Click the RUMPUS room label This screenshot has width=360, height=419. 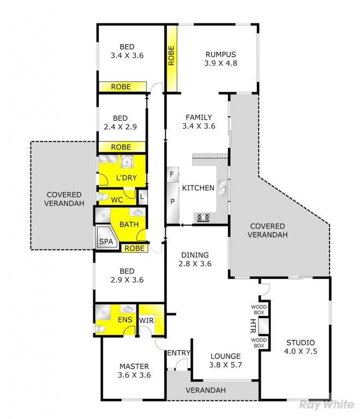coord(220,55)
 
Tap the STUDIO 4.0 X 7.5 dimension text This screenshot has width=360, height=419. coord(301,351)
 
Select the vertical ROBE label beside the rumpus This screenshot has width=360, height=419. coord(171,56)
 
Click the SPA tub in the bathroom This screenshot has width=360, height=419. coord(106,237)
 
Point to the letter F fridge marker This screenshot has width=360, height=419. coord(172,174)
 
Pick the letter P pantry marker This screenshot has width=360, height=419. coord(172,201)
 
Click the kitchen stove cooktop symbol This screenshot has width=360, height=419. coord(203,217)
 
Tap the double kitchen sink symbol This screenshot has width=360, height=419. coord(222,188)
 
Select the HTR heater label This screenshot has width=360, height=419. coord(253,326)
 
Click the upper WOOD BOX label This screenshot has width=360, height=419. coord(259,310)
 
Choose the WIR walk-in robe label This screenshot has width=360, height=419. coord(146,320)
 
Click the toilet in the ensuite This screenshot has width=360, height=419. coord(100,328)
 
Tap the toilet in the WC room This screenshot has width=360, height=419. coord(103,197)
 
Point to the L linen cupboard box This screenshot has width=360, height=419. coord(142,197)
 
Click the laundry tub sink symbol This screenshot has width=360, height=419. coord(126,161)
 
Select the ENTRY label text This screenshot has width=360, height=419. coord(179,353)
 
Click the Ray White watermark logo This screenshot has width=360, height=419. coord(327,404)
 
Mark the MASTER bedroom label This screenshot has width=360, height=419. coord(134,367)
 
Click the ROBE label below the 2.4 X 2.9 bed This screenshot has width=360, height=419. coord(121,147)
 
